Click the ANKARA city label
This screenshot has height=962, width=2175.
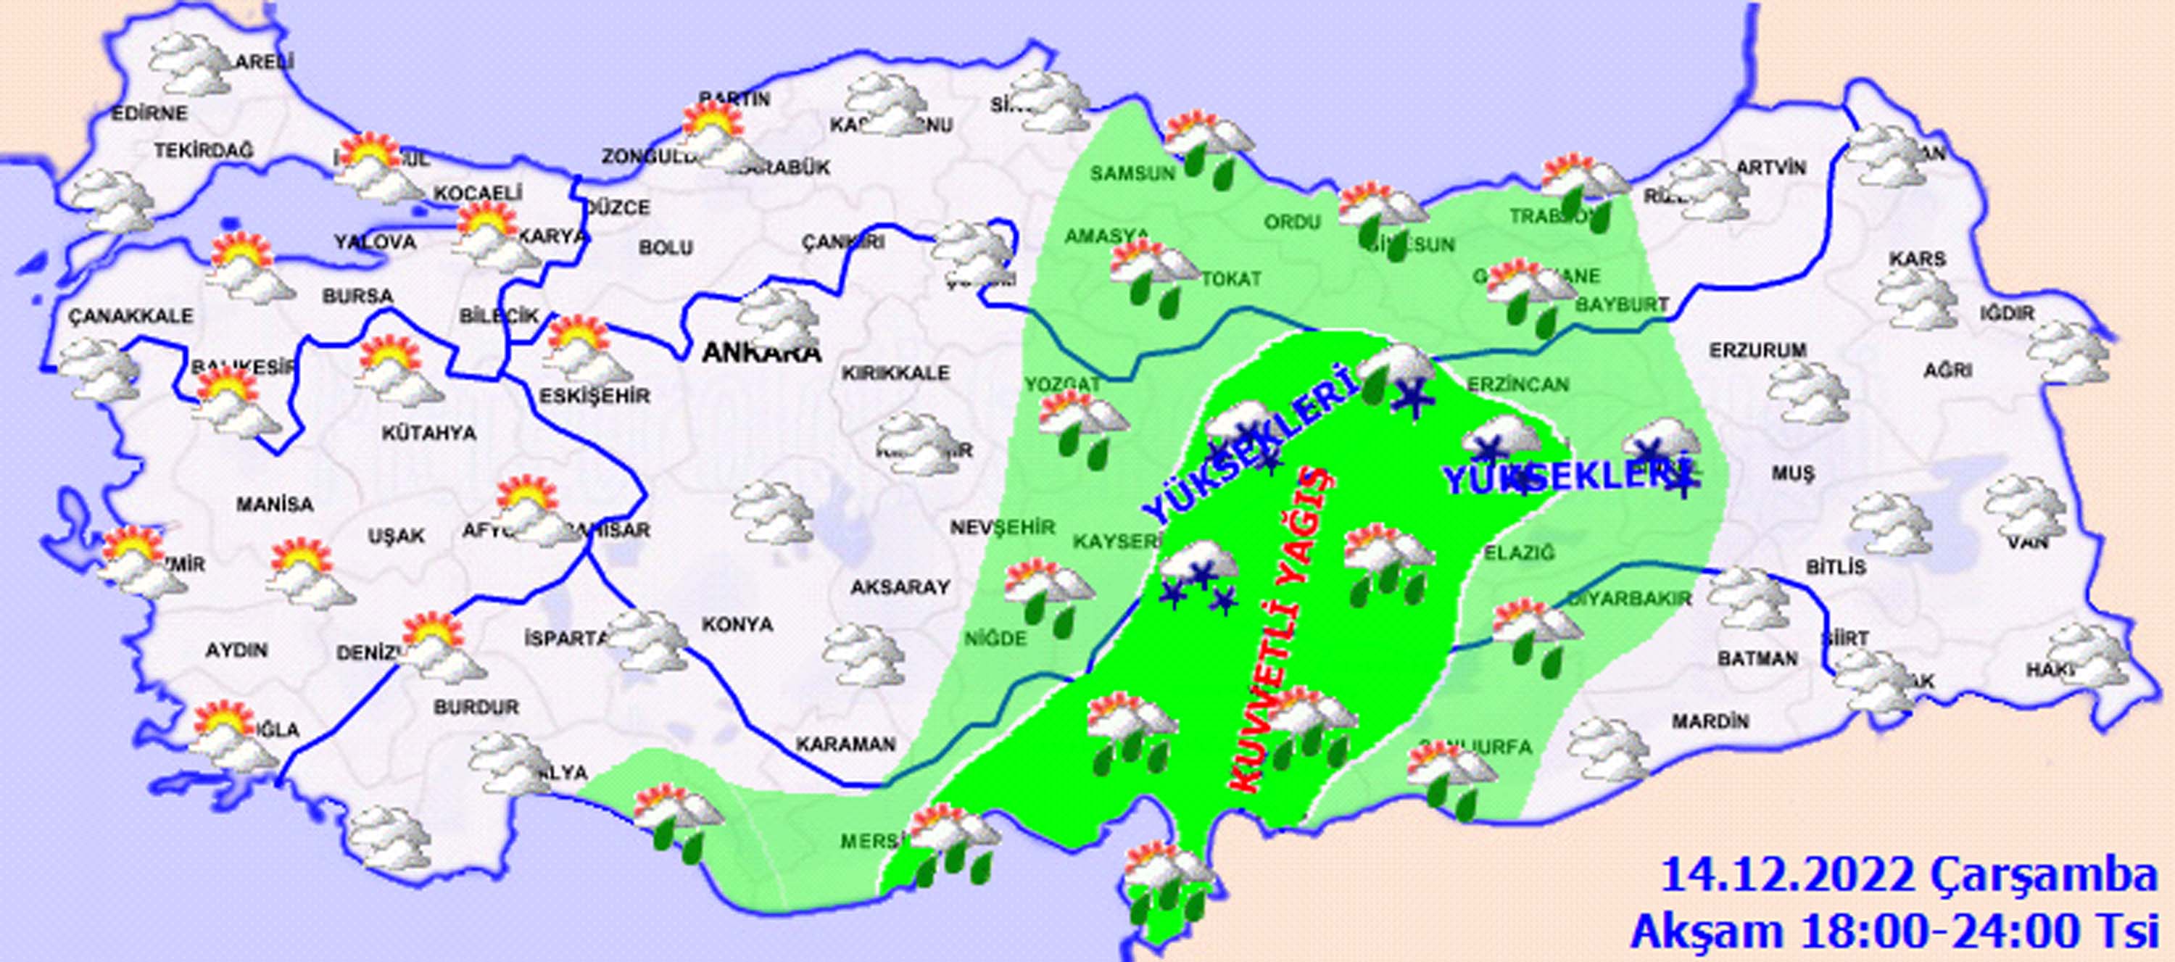[761, 353]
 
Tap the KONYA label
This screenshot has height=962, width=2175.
[737, 624]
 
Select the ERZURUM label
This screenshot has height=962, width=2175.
[1758, 349]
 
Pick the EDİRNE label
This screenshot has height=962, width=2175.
[149, 112]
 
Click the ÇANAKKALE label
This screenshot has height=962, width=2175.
[131, 317]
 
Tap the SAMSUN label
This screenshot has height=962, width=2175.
[1132, 174]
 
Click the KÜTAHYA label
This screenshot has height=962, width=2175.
[429, 434]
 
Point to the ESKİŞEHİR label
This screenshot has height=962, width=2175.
[595, 396]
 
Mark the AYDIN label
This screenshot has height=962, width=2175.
[236, 650]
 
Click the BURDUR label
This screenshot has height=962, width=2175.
[476, 707]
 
